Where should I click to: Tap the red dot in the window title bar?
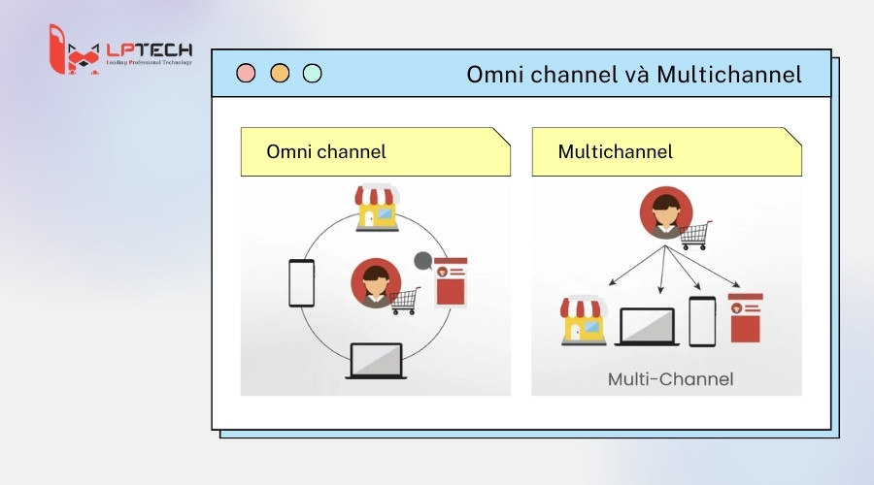[x=247, y=73]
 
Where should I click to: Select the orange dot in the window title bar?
[x=280, y=73]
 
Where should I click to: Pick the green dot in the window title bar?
[x=312, y=73]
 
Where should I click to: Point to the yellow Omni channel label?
[x=375, y=152]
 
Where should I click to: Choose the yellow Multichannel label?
[x=666, y=152]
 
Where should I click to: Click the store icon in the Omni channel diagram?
[x=377, y=207]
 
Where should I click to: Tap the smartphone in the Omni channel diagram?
[x=301, y=283]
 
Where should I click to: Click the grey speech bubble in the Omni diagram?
[x=423, y=260]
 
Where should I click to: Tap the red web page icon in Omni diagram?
[x=451, y=281]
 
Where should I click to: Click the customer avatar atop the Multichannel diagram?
[x=665, y=212]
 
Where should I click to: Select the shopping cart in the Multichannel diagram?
[x=694, y=235]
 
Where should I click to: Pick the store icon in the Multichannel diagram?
[x=584, y=322]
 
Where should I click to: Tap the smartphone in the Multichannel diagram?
[x=702, y=321]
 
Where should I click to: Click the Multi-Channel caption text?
[x=671, y=378]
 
